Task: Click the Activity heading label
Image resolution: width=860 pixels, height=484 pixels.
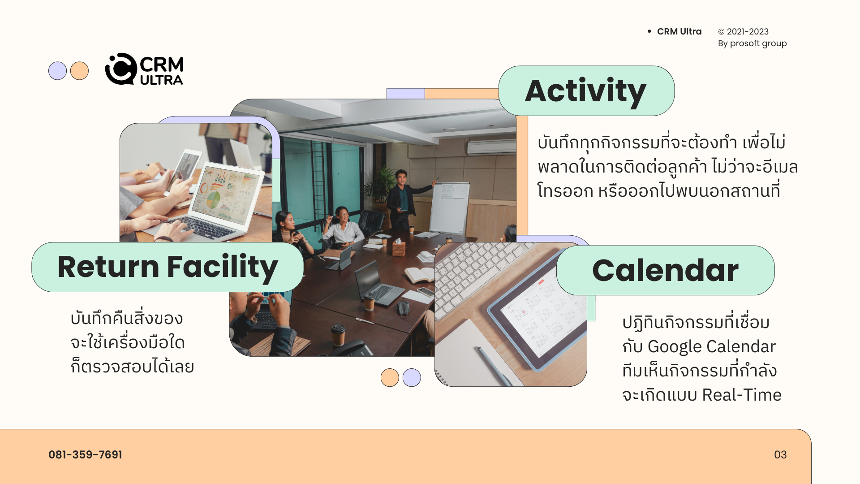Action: (x=585, y=91)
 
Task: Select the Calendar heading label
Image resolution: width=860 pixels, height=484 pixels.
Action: (x=665, y=270)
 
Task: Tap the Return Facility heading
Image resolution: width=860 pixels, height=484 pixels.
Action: (x=168, y=268)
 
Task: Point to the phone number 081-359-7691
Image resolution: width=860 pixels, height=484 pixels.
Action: (x=85, y=454)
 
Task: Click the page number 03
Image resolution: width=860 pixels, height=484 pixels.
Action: (x=780, y=454)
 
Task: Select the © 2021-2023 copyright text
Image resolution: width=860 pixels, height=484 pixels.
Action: (x=744, y=31)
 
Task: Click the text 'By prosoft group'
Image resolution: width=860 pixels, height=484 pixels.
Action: (x=752, y=43)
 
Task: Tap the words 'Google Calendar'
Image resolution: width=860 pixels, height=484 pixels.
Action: (x=712, y=346)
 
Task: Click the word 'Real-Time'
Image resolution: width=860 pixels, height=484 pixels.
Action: (x=742, y=395)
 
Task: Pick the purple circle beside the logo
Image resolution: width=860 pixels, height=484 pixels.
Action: (x=57, y=71)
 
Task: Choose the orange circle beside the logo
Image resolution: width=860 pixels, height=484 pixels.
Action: (x=79, y=71)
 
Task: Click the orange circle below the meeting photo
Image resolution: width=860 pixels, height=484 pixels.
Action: (x=390, y=377)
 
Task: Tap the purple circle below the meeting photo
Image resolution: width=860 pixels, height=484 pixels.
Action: (x=412, y=377)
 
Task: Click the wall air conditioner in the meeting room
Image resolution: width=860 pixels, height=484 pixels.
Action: (x=491, y=147)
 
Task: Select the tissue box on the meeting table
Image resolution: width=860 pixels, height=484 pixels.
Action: (x=399, y=247)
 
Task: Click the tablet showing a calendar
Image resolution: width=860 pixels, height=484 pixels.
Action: (x=537, y=323)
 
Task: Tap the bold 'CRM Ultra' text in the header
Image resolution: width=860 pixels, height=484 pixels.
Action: (x=679, y=31)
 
